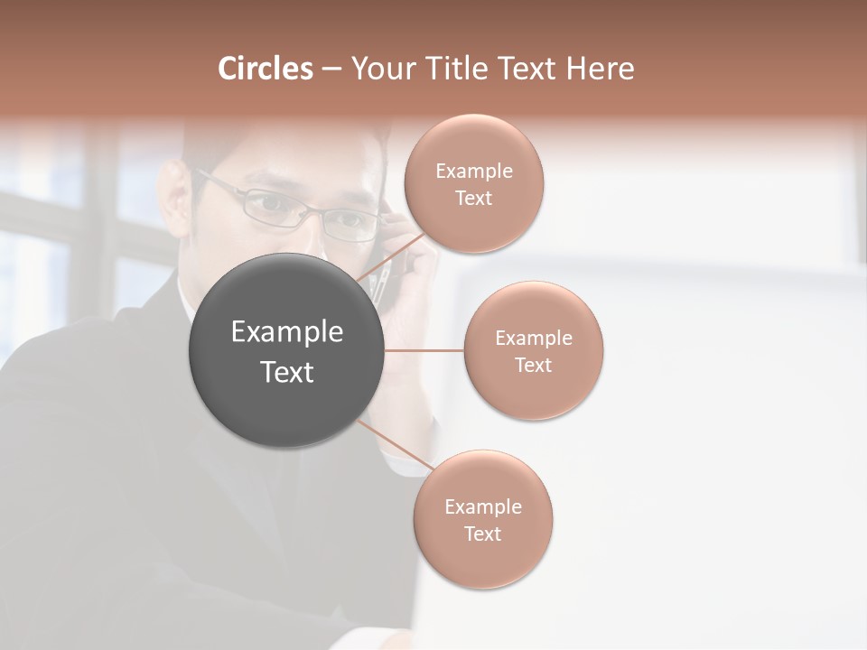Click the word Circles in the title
[265, 69]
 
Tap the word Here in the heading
[600, 69]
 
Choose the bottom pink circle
[482, 560]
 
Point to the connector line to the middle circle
[424, 350]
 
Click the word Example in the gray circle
[287, 332]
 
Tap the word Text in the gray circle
[287, 372]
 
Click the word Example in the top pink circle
[473, 172]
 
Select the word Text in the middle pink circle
[533, 365]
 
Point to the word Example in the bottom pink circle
[482, 507]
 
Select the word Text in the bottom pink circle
[482, 534]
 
